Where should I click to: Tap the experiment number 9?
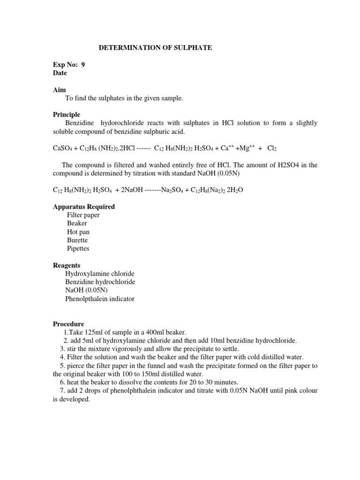pos(83,65)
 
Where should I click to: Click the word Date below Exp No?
pos(60,73)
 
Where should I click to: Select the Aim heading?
pos(59,90)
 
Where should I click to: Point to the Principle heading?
pos(66,114)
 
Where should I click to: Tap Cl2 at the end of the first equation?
pos(272,148)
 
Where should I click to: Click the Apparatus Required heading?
pos(83,207)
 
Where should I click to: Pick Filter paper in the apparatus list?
pos(83,215)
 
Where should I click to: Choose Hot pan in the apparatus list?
pos(78,232)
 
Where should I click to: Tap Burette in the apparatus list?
pos(77,240)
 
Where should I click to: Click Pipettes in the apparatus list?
pos(78,248)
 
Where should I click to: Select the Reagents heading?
pos(66,265)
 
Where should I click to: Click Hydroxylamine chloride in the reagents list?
pos(100,274)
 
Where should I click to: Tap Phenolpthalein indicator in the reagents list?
pos(100,299)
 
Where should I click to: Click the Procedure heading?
pos(68,324)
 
